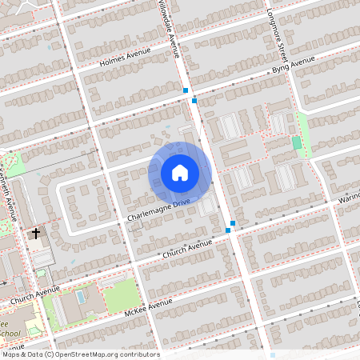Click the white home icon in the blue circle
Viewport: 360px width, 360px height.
pyautogui.click(x=180, y=173)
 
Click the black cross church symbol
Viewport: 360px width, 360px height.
pyautogui.click(x=35, y=234)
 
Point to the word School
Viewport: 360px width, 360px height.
pyautogui.click(x=10, y=333)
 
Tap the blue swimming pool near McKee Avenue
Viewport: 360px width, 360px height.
pyautogui.click(x=80, y=297)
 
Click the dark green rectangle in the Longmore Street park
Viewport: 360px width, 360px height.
pyautogui.click(x=297, y=142)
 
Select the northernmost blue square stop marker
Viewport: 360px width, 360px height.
pyautogui.click(x=186, y=90)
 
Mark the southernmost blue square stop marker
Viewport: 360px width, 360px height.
pyautogui.click(x=228, y=230)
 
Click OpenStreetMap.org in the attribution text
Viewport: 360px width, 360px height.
pyautogui.click(x=98, y=354)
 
